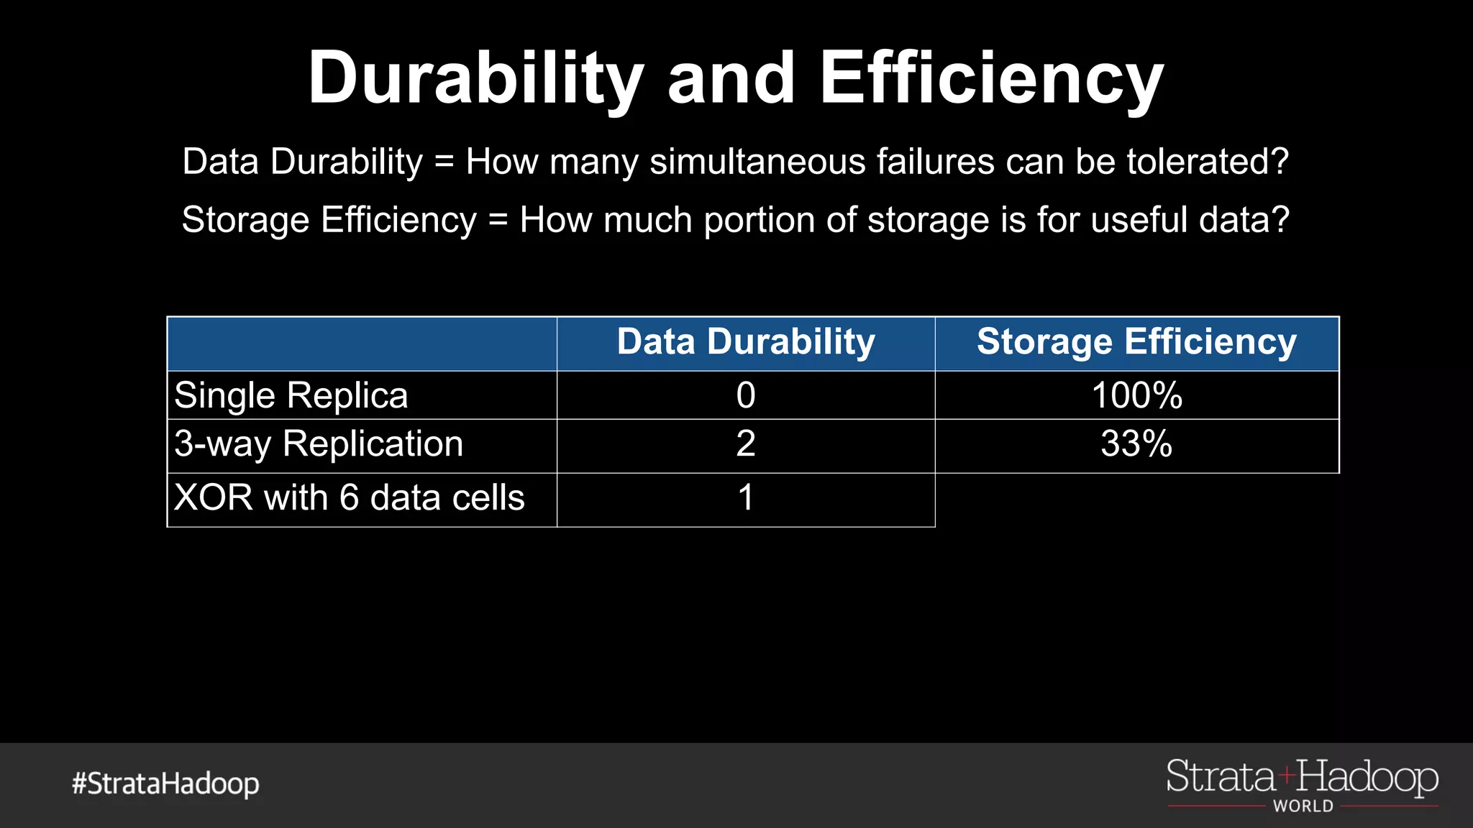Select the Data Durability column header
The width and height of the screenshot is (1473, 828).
746,342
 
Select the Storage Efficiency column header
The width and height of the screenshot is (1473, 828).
1136,342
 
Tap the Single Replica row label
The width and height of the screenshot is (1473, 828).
291,395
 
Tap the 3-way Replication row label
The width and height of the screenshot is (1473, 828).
319,444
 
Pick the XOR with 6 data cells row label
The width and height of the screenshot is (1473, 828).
350,497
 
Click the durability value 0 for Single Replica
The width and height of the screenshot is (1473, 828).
746,395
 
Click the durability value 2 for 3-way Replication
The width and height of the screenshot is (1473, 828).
746,444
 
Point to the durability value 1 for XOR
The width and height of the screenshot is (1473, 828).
746,497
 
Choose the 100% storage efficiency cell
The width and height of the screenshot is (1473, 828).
1136,395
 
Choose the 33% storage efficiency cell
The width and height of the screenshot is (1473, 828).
1136,444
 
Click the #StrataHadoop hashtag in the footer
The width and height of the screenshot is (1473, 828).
165,783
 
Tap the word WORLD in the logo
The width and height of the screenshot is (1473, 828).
1303,806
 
